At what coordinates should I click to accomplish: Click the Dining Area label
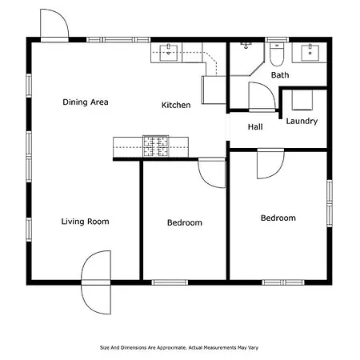86,102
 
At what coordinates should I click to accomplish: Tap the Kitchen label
176,105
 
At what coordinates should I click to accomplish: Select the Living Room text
86,222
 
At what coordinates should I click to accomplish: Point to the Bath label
280,75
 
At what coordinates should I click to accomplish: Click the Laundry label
302,122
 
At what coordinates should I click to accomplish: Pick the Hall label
255,126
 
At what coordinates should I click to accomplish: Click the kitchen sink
169,53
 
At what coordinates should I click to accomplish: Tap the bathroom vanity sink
310,53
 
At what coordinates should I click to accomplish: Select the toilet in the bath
277,54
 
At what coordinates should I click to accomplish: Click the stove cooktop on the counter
156,146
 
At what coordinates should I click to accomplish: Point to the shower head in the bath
246,46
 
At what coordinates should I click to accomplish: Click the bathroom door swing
262,96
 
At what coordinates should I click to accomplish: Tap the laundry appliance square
302,100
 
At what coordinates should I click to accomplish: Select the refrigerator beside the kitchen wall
214,90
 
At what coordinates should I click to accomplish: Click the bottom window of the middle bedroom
170,282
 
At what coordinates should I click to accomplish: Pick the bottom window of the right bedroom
283,282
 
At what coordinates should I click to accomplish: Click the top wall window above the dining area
118,40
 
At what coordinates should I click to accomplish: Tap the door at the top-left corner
54,26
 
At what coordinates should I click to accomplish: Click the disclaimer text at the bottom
179,348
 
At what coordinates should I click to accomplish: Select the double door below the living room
96,282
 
